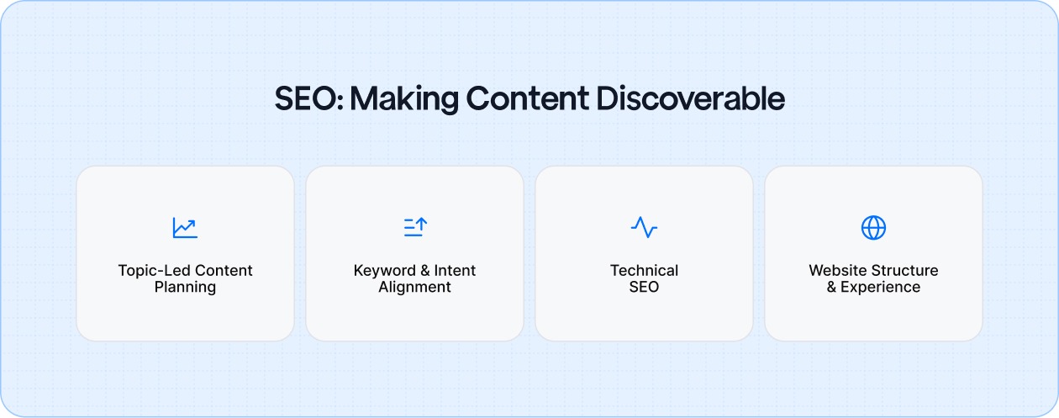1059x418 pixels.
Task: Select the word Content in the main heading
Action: [527, 99]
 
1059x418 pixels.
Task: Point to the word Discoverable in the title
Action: [690, 99]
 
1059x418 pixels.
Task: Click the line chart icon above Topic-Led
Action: [185, 227]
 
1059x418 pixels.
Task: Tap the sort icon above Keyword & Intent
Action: [414, 227]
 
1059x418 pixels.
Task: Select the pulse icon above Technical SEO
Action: [644, 227]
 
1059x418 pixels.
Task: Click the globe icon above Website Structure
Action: [873, 227]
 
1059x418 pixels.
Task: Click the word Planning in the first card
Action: [185, 288]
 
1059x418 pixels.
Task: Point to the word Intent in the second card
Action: [455, 271]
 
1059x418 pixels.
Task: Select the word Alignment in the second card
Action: [414, 288]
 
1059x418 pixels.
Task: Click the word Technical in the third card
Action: [644, 271]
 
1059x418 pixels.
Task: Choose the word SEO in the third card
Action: [644, 288]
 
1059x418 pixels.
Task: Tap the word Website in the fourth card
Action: [838, 271]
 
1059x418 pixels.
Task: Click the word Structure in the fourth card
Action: [905, 271]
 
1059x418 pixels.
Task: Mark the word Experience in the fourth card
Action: [881, 288]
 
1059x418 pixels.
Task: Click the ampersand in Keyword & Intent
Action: [424, 271]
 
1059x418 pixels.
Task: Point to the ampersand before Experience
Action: [832, 288]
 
